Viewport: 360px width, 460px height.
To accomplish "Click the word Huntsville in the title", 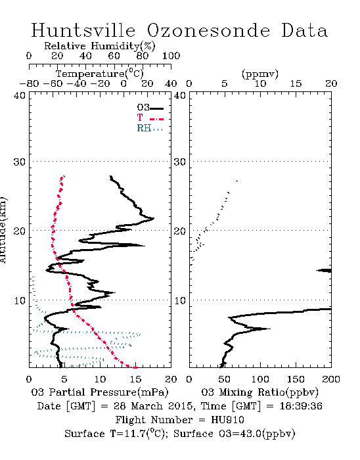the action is [83, 30].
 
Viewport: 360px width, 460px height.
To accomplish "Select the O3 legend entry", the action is [150, 108].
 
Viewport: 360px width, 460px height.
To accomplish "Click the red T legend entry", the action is [150, 118].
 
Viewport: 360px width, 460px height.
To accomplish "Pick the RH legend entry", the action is [150, 128].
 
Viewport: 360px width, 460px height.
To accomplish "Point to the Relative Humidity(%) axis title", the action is [100, 46].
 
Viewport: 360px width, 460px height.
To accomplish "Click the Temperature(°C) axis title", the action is [100, 74].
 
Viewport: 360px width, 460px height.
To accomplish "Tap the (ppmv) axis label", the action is [260, 74].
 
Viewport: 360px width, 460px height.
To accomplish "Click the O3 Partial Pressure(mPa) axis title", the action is [100, 392].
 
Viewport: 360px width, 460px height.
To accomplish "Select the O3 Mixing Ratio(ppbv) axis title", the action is [259, 392].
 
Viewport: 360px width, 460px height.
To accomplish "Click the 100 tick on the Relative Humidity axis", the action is [171, 56].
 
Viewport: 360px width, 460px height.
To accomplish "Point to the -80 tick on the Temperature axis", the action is [29, 84].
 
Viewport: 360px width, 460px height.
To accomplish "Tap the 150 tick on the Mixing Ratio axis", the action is [296, 379].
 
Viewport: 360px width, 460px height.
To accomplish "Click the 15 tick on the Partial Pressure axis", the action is [135, 379].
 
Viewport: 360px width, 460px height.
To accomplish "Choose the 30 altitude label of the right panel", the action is [179, 162].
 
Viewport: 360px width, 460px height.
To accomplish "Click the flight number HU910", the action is [227, 420].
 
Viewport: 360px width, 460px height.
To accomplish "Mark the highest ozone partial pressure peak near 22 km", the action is [154, 218].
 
